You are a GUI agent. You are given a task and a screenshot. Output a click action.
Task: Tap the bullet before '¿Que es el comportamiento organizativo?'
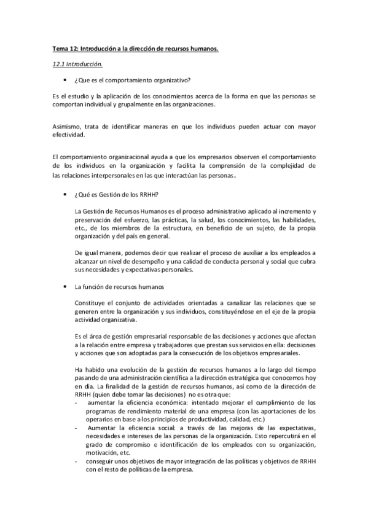point(65,80)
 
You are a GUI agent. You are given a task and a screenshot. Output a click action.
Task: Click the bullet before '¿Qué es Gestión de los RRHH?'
point(65,195)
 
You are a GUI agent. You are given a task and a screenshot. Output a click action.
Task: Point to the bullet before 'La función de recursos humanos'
point(65,286)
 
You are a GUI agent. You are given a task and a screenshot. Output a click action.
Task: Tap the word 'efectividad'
point(68,135)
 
